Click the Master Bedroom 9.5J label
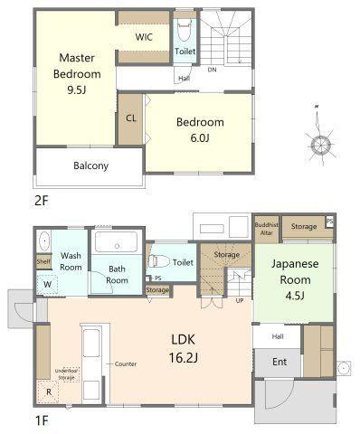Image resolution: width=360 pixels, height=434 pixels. click(x=77, y=74)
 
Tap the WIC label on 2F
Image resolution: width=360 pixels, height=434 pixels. click(x=144, y=37)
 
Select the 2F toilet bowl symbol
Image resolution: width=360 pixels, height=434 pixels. click(x=184, y=30)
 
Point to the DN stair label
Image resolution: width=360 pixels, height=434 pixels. click(x=212, y=70)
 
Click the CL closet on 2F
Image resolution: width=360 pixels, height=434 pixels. click(x=130, y=119)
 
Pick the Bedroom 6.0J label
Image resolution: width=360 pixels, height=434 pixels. click(x=200, y=130)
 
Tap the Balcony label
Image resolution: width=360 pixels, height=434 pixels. click(x=90, y=165)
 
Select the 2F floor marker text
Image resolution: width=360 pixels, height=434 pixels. click(x=42, y=201)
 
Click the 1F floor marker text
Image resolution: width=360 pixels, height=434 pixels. click(x=42, y=420)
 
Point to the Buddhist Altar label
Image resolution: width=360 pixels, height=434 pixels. click(x=267, y=229)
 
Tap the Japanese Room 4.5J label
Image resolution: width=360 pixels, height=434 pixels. click(x=295, y=279)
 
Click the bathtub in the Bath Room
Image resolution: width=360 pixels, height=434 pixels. click(x=117, y=241)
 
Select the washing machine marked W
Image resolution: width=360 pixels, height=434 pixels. click(x=47, y=284)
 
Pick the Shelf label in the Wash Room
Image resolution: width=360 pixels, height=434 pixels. click(x=43, y=261)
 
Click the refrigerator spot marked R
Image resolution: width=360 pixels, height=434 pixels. click(x=48, y=392)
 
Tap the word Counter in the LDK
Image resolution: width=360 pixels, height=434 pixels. click(x=126, y=364)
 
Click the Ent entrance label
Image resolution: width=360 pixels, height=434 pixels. click(x=279, y=362)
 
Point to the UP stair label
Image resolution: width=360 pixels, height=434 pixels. click(x=240, y=300)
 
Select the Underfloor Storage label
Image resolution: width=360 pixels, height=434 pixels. click(x=67, y=374)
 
